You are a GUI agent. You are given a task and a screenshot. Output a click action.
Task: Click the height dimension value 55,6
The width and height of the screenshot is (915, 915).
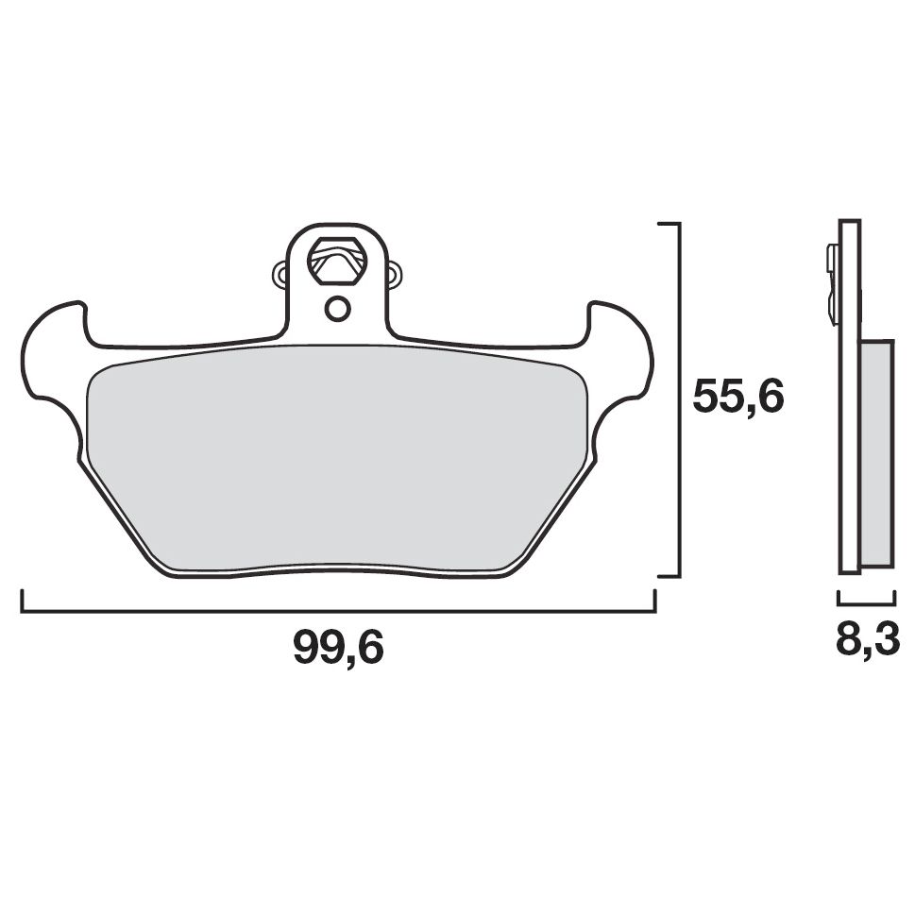point(737,398)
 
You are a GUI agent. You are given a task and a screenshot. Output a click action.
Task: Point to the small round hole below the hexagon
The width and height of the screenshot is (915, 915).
point(337,308)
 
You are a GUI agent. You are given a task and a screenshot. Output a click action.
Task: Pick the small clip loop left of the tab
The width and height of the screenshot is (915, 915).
point(280,274)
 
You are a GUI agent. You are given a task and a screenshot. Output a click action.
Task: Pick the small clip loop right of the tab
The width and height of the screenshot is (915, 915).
point(394,274)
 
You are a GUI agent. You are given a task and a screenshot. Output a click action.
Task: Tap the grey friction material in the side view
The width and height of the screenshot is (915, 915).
point(877,453)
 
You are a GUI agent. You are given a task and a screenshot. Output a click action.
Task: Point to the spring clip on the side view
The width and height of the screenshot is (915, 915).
point(832,283)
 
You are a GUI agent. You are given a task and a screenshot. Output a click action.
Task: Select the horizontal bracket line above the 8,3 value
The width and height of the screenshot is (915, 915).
point(866,600)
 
